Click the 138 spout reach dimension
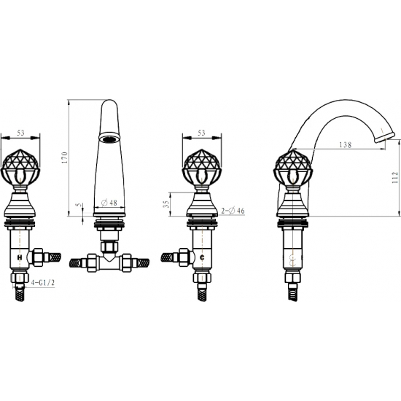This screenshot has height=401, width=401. pyautogui.click(x=346, y=145)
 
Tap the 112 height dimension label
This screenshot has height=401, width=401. pyautogui.click(x=395, y=177)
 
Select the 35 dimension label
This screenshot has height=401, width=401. pyautogui.click(x=166, y=204)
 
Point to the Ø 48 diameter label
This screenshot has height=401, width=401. pyautogui.click(x=109, y=203)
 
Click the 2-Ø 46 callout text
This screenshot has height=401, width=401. pyautogui.click(x=233, y=211)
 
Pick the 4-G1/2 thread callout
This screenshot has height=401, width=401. pyautogui.click(x=43, y=283)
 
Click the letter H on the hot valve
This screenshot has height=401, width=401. pyautogui.click(x=20, y=258)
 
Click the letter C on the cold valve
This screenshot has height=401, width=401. pyautogui.click(x=202, y=258)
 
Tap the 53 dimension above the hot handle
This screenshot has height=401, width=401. pyautogui.click(x=20, y=133)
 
